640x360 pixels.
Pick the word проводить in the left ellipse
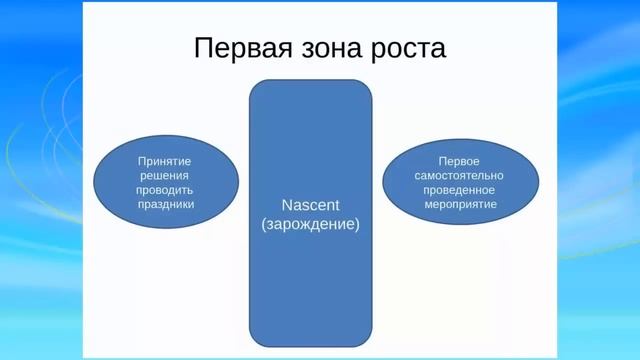(165, 189)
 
